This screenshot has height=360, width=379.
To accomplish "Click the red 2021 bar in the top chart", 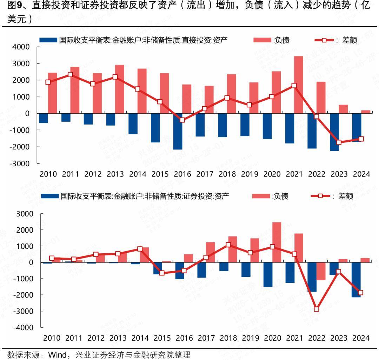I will (299, 85).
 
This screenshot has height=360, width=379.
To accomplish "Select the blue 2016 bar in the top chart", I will (178, 131).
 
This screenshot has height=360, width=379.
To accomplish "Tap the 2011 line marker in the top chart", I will (70, 74).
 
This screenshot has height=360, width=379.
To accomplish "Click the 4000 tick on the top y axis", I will (22, 47).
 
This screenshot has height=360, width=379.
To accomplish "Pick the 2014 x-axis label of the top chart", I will (138, 174).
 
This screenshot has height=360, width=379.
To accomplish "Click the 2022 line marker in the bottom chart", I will (317, 309).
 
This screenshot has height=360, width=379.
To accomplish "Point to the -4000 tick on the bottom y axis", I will (24, 327).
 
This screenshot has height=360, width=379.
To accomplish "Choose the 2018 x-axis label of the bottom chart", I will (228, 338).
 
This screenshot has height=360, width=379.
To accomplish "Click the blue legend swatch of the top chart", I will (48, 40).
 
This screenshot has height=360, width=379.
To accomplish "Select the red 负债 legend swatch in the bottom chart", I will (261, 196).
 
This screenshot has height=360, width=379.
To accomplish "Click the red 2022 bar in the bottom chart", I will (321, 271).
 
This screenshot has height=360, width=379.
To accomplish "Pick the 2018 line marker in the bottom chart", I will (228, 245).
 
